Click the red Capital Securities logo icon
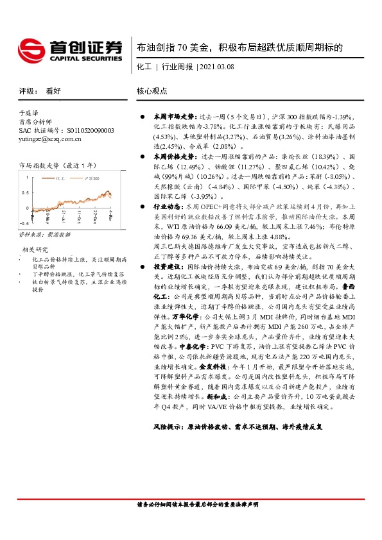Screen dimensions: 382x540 coord(31,48)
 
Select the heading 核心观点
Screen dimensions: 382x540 coord(152,91)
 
